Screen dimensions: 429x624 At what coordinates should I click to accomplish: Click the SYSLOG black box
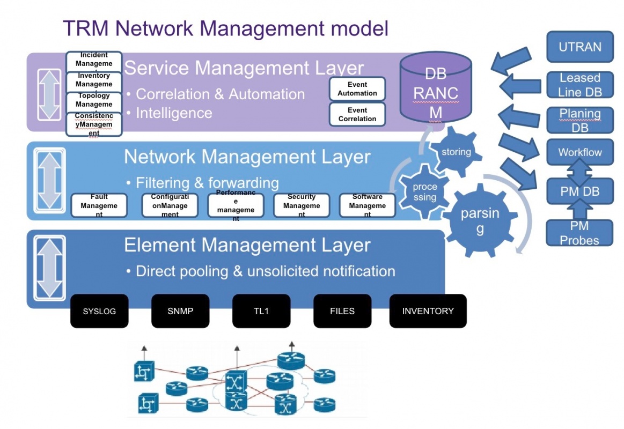tap(99, 311)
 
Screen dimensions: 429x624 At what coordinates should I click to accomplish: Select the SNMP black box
tap(180, 311)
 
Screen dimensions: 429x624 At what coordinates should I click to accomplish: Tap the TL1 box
tap(261, 311)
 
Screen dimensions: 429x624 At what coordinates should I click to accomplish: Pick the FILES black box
tap(342, 311)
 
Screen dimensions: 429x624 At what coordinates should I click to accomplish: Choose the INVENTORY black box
tap(428, 311)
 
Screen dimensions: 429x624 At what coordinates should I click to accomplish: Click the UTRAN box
tap(579, 47)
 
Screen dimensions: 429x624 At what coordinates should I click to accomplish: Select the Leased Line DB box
tap(579, 85)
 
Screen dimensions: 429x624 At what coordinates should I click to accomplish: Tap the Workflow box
tap(579, 152)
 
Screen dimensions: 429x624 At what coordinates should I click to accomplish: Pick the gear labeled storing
tap(456, 152)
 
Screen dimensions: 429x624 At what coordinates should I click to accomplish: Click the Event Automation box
tap(357, 89)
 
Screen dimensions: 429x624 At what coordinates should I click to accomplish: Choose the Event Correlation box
tap(357, 114)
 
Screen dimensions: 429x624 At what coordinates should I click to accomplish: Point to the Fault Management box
tap(99, 205)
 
